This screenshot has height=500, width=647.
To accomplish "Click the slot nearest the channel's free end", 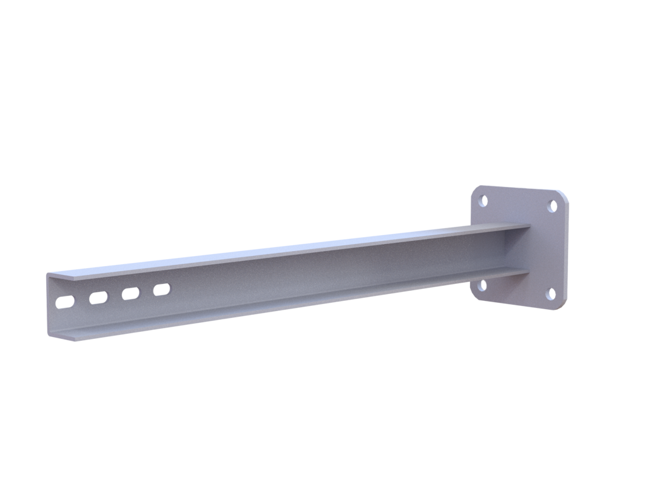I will coord(64,302).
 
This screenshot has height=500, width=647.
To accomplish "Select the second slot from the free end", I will coord(98,297).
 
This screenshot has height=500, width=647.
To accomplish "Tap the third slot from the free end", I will coord(130,293).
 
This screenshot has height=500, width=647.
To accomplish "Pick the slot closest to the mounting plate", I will coord(162,290).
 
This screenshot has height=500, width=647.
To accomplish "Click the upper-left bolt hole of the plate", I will coord(484,201).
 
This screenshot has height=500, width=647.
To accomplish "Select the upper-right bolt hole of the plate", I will coord(552,206).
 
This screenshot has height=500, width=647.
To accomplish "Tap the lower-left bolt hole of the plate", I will coord(483,285).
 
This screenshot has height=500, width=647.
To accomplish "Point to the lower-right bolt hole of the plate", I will coord(550,293).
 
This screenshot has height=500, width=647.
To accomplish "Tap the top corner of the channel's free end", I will coord(49,274).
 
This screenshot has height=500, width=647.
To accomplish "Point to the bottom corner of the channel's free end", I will coord(49,332).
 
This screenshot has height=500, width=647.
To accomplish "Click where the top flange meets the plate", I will coord(528,227).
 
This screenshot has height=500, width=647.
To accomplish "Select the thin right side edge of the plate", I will coord(567,253).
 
